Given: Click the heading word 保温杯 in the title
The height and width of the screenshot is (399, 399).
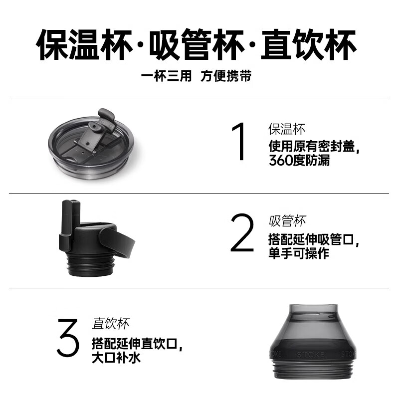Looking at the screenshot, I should (x=83, y=45).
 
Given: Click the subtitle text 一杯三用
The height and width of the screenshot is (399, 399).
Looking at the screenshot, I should (x=166, y=77).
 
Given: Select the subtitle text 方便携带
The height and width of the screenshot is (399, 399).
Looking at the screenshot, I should (x=226, y=77).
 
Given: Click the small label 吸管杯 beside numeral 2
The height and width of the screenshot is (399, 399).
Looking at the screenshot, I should (x=287, y=221).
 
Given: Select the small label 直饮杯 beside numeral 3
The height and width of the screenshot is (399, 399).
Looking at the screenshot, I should (x=111, y=324).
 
